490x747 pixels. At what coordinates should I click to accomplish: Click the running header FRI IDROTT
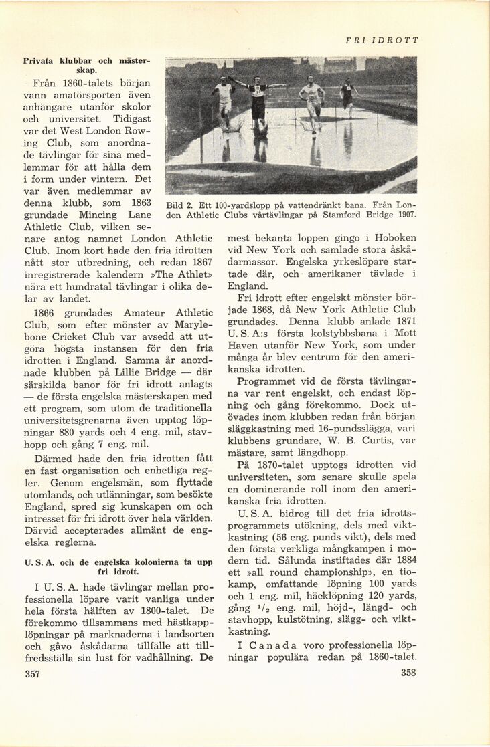[x=382, y=40]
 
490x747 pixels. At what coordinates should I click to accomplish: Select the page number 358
[x=408, y=673]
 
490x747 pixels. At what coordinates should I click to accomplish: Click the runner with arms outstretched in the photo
[x=258, y=100]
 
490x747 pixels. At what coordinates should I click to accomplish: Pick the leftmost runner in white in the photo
[x=224, y=100]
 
